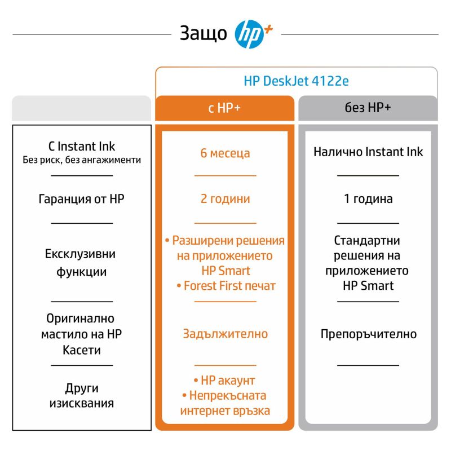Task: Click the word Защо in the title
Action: (x=204, y=33)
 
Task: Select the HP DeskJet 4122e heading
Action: (x=296, y=81)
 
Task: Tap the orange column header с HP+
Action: (x=224, y=108)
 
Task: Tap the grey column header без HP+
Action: (x=368, y=108)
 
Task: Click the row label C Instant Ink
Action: (x=82, y=147)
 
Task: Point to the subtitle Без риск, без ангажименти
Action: (x=82, y=160)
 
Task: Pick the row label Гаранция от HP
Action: (x=82, y=199)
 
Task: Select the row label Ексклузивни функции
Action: (x=82, y=263)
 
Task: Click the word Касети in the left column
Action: (x=82, y=350)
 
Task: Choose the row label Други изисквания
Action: (x=82, y=396)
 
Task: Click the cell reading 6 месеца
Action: (x=225, y=153)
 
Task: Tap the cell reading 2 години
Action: (x=225, y=199)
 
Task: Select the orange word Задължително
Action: (x=225, y=334)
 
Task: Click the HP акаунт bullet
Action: (x=224, y=381)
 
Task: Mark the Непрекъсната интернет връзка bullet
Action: (x=225, y=403)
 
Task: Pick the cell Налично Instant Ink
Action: (x=368, y=152)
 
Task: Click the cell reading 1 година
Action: (x=368, y=199)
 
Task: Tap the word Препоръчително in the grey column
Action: (x=368, y=334)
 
